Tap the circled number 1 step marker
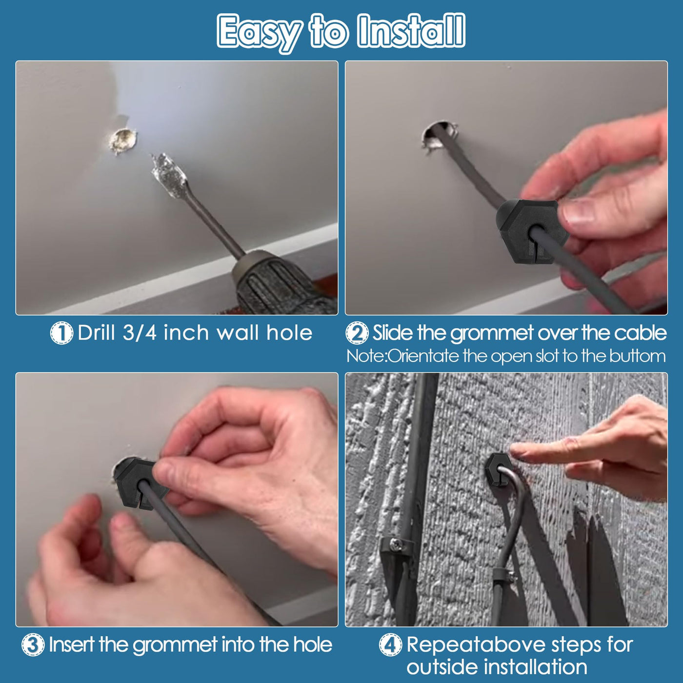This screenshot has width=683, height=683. tap(61, 333)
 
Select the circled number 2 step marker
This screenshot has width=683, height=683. tap(357, 333)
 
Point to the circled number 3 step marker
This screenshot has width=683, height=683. tap(33, 645)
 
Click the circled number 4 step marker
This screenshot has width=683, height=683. tap(391, 645)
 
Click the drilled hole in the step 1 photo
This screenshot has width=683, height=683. tap(123, 141)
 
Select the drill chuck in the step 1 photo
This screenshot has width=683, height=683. tap(280, 283)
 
